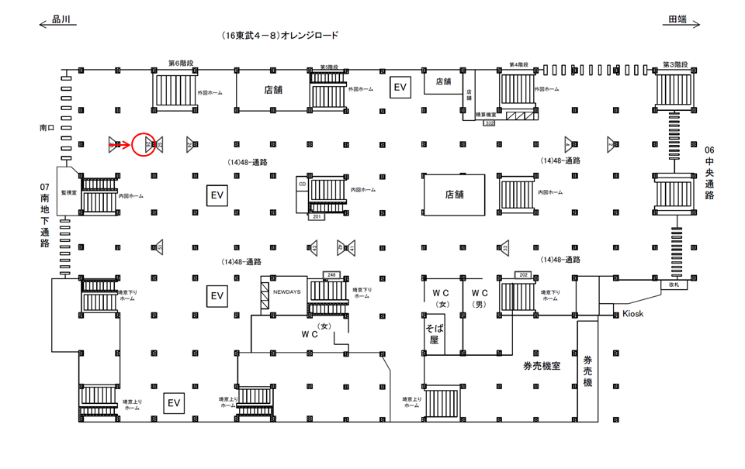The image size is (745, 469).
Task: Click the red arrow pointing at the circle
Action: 123,143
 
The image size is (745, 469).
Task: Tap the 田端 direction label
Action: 677,20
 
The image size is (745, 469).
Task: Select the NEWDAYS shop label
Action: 286,291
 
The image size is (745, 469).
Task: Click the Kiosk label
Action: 633,313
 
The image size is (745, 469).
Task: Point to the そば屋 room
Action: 433,334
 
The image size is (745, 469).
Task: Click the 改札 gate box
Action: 674,285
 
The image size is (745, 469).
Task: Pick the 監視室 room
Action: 69,191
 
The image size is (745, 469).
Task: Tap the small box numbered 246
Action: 331,274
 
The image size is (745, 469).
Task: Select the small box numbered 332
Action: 490,122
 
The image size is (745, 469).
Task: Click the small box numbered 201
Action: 317,217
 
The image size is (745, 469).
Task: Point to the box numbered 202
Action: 523,274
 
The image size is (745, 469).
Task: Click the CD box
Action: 302,184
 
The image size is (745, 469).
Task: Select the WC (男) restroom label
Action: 480,298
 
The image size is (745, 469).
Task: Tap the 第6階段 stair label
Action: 180,64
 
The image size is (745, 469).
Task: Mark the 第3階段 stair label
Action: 674,64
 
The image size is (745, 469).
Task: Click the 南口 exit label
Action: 47,126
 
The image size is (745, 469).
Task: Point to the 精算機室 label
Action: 486,115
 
